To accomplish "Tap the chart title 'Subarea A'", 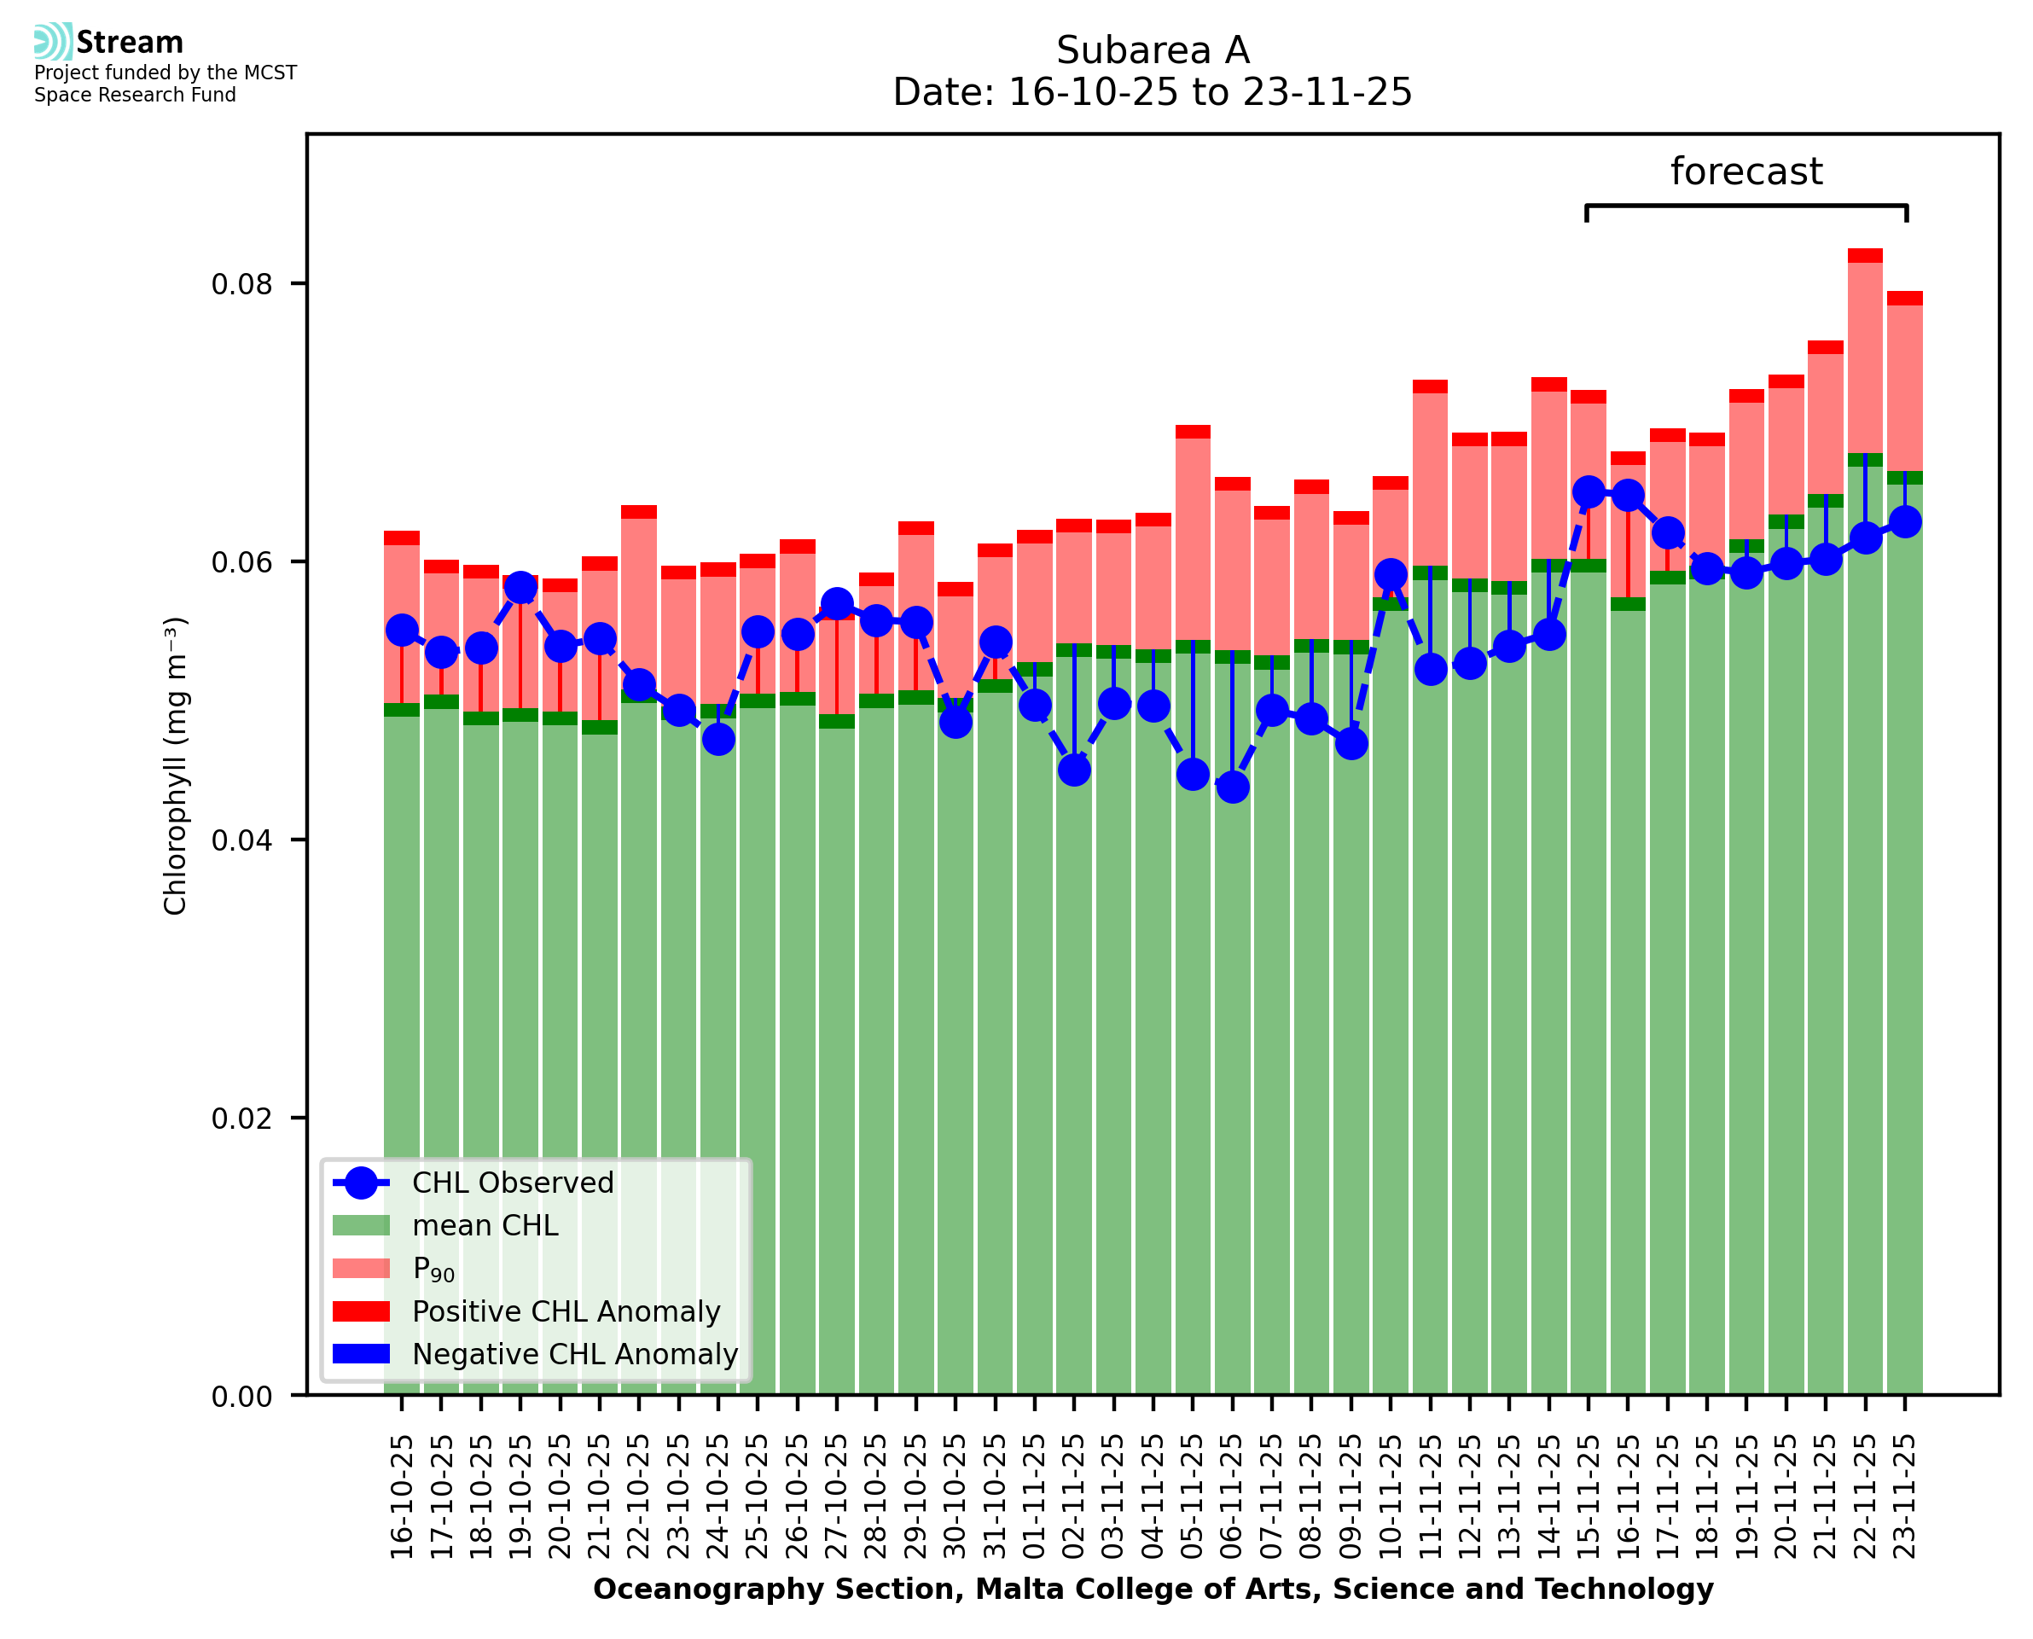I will pyautogui.click(x=1152, y=50).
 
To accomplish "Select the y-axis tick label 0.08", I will pyautogui.click(x=241, y=284).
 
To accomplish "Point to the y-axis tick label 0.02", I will pyautogui.click(x=241, y=1119).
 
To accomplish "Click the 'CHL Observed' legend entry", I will pyautogui.click(x=513, y=1183).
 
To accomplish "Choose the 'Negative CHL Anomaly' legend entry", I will pyautogui.click(x=574, y=1354).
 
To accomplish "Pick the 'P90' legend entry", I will pyautogui.click(x=433, y=1269).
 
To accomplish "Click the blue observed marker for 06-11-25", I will pyautogui.click(x=1233, y=787).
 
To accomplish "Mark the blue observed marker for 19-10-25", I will pyautogui.click(x=521, y=587).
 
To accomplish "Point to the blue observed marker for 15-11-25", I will pyautogui.click(x=1589, y=492).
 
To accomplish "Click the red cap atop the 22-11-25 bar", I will pyautogui.click(x=1865, y=256).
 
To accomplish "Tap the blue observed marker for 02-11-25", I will pyautogui.click(x=1074, y=770).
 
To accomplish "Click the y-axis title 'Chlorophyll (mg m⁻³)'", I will pyautogui.click(x=176, y=765).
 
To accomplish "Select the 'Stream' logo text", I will pyautogui.click(x=130, y=43).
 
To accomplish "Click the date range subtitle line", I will pyautogui.click(x=1152, y=92).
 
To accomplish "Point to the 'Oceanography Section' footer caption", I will pyautogui.click(x=1153, y=1589).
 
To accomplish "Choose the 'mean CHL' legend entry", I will pyautogui.click(x=485, y=1225).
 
